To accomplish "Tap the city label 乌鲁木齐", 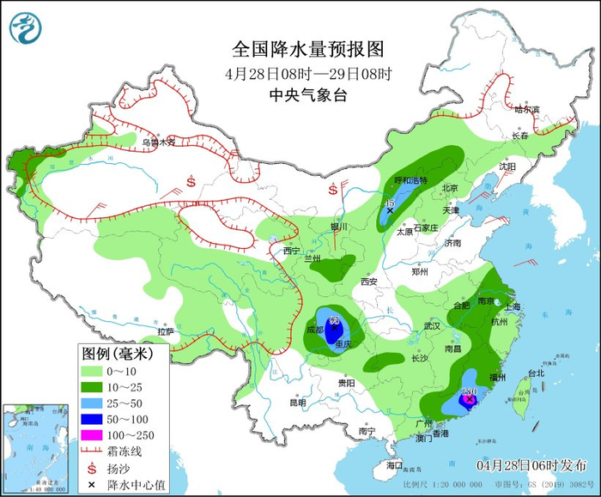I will [x=158, y=142].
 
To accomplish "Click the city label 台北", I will [x=536, y=373].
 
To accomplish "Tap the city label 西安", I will [x=369, y=282].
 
